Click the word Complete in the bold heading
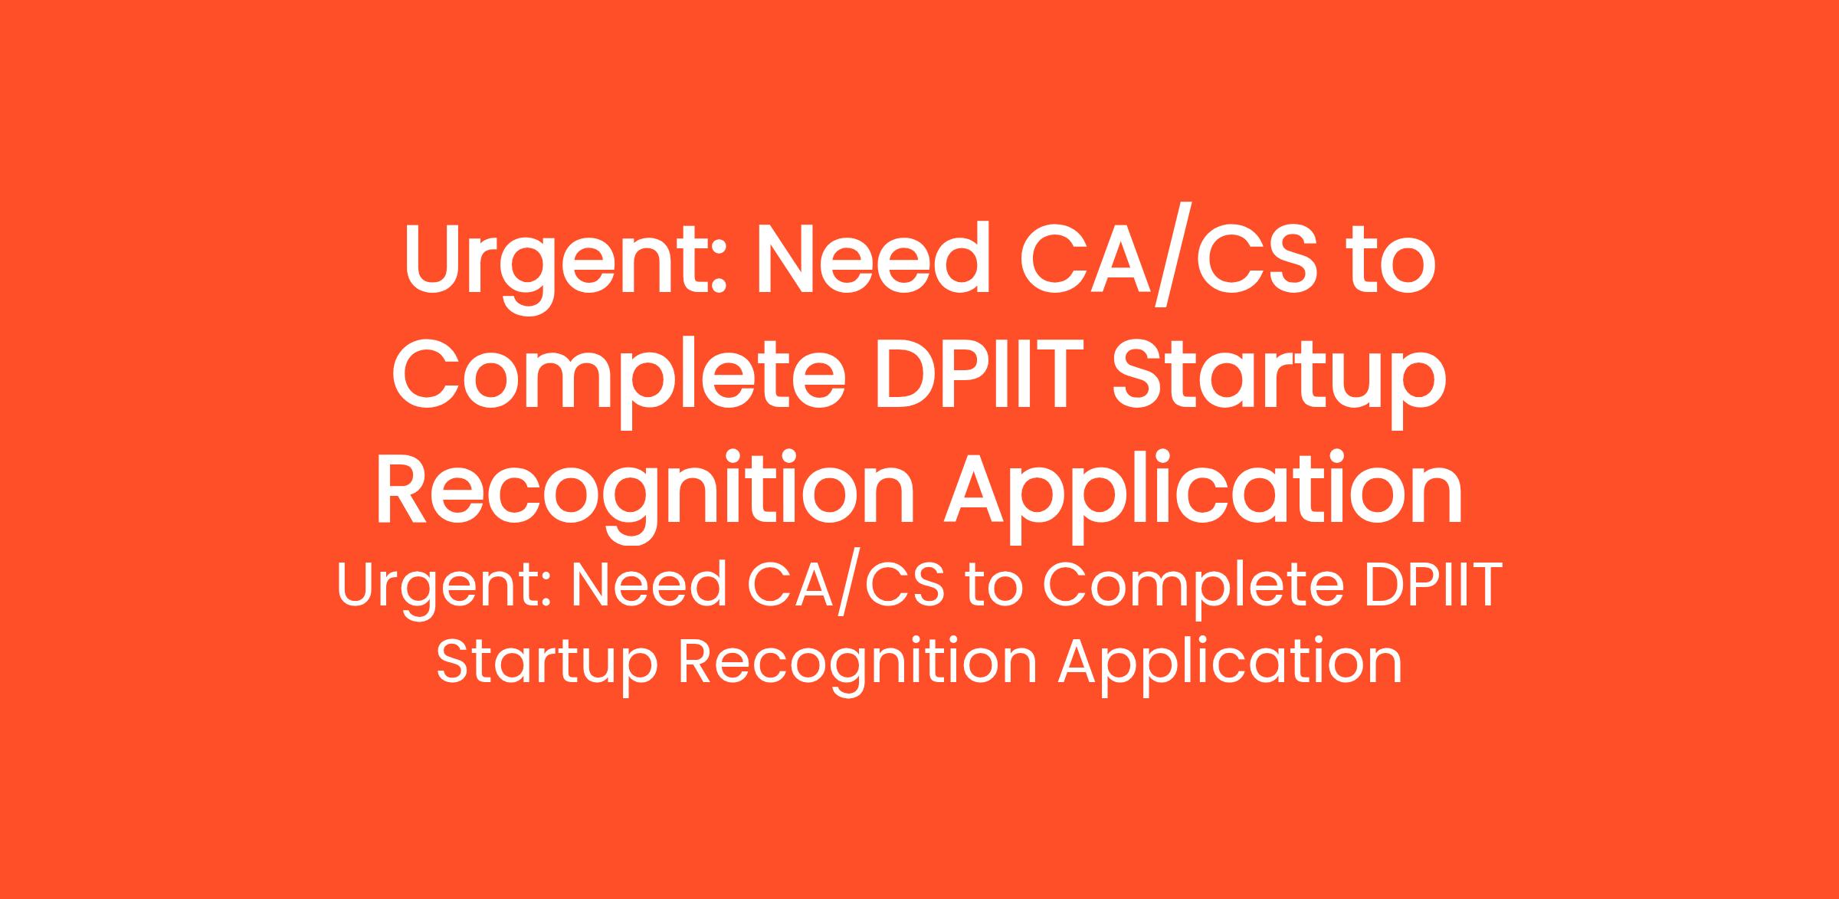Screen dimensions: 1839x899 619,380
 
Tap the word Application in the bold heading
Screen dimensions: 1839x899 1204,495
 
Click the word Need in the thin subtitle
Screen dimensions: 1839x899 647,586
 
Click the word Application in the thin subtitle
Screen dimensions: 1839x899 1231,664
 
